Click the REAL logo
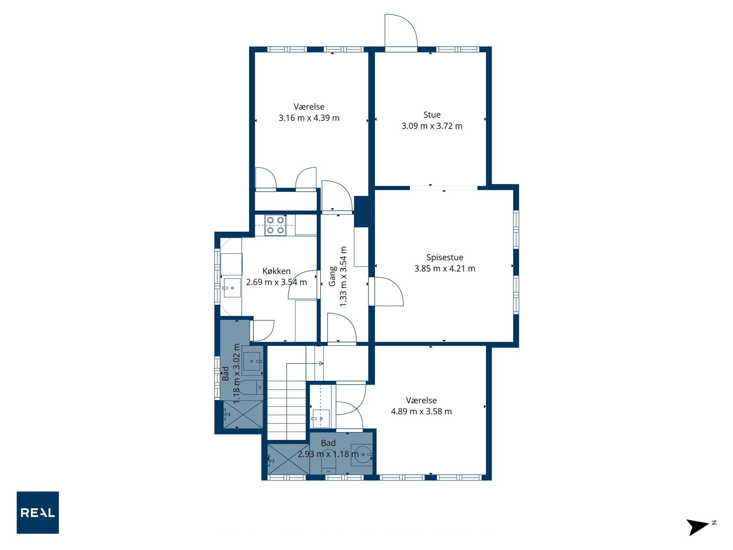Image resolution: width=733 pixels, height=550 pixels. [x=38, y=512]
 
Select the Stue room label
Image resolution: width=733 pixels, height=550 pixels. [x=432, y=115]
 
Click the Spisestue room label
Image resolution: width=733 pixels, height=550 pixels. [x=445, y=258]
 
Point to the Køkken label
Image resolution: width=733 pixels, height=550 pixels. [x=276, y=271]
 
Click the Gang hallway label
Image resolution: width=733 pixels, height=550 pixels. [x=332, y=276]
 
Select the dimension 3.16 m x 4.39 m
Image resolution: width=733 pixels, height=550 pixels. [x=309, y=118]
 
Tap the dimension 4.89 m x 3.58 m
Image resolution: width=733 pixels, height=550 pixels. [x=421, y=411]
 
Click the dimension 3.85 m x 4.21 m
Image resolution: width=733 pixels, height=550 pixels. [x=445, y=268]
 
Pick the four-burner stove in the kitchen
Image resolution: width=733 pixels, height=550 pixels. [x=275, y=225]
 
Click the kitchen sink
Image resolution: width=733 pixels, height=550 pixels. [x=232, y=288]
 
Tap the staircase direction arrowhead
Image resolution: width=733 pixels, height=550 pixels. [x=321, y=364]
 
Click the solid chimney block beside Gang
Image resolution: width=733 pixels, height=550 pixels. [x=362, y=212]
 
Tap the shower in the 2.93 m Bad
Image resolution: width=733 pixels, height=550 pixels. [x=288, y=459]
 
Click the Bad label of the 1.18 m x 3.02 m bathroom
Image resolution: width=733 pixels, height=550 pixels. [x=225, y=373]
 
